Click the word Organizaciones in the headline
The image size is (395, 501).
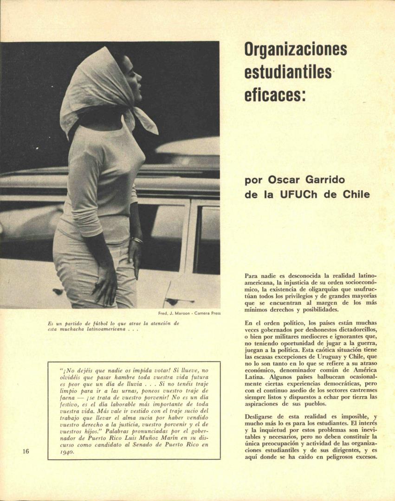click(296, 49)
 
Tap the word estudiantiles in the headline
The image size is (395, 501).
click(288, 72)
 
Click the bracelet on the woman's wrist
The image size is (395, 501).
click(137, 240)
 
